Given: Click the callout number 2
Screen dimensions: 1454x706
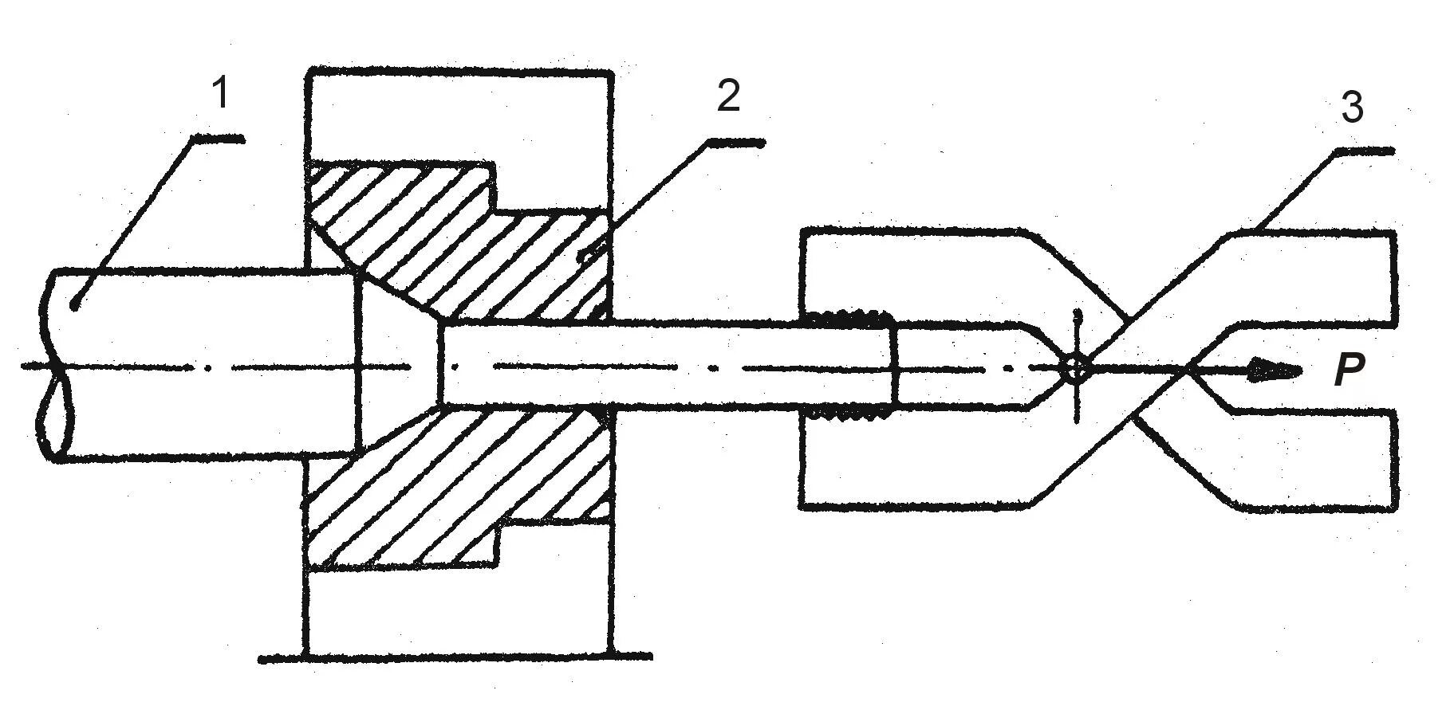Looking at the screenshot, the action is tap(727, 96).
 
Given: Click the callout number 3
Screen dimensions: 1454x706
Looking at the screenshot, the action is tap(1351, 108).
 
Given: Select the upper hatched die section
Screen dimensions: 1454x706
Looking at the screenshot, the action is tap(447, 239).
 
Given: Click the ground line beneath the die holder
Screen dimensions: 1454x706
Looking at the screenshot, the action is tap(455, 657).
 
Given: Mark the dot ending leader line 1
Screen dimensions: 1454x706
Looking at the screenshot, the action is tap(74, 304).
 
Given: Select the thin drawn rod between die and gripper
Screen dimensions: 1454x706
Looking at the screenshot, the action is tap(702, 367).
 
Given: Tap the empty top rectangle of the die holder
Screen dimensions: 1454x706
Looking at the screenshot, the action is tap(459, 116).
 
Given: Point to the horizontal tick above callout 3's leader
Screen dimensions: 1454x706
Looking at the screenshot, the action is tap(1365, 151).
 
